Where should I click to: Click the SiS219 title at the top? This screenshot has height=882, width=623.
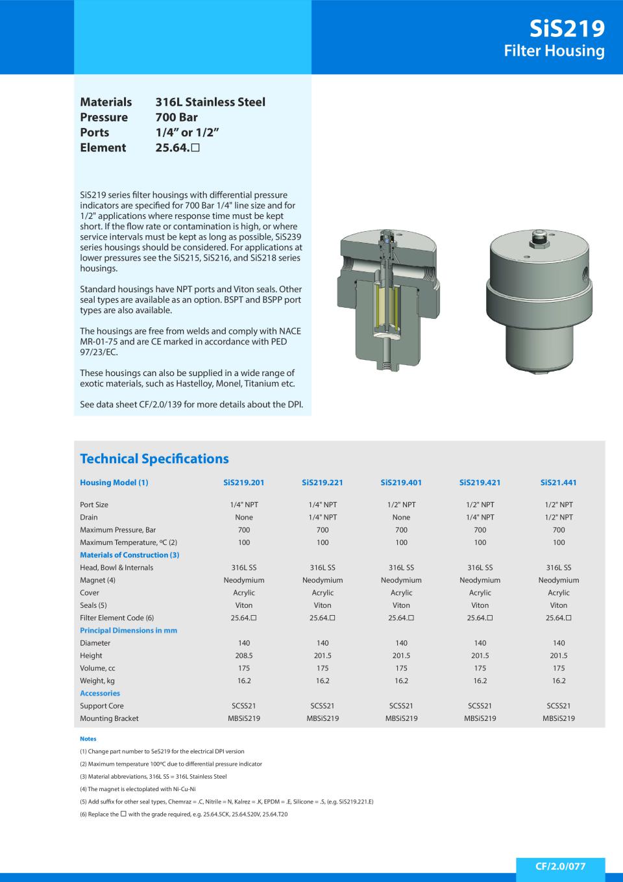[567, 28]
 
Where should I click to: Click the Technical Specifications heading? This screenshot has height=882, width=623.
[154, 459]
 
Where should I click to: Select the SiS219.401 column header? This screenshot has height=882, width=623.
[401, 483]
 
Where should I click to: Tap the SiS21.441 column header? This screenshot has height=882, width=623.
[558, 483]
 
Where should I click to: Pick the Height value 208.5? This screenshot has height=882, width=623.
[244, 655]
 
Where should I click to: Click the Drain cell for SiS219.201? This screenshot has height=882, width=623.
[244, 517]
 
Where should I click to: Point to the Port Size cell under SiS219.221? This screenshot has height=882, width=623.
[323, 505]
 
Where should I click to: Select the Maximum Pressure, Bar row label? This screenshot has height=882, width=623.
[117, 530]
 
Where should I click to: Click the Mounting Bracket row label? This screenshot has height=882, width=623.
[109, 718]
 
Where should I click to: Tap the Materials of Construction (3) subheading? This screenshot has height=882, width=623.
[129, 555]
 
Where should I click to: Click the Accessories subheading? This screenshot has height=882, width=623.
[100, 693]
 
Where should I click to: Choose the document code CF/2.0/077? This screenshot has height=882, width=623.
[560, 866]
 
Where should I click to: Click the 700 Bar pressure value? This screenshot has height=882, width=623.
[177, 117]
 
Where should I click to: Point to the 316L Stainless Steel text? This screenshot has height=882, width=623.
[210, 102]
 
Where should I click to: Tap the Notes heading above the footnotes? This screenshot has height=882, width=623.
[88, 738]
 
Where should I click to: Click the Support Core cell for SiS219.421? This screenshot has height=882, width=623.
[480, 706]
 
